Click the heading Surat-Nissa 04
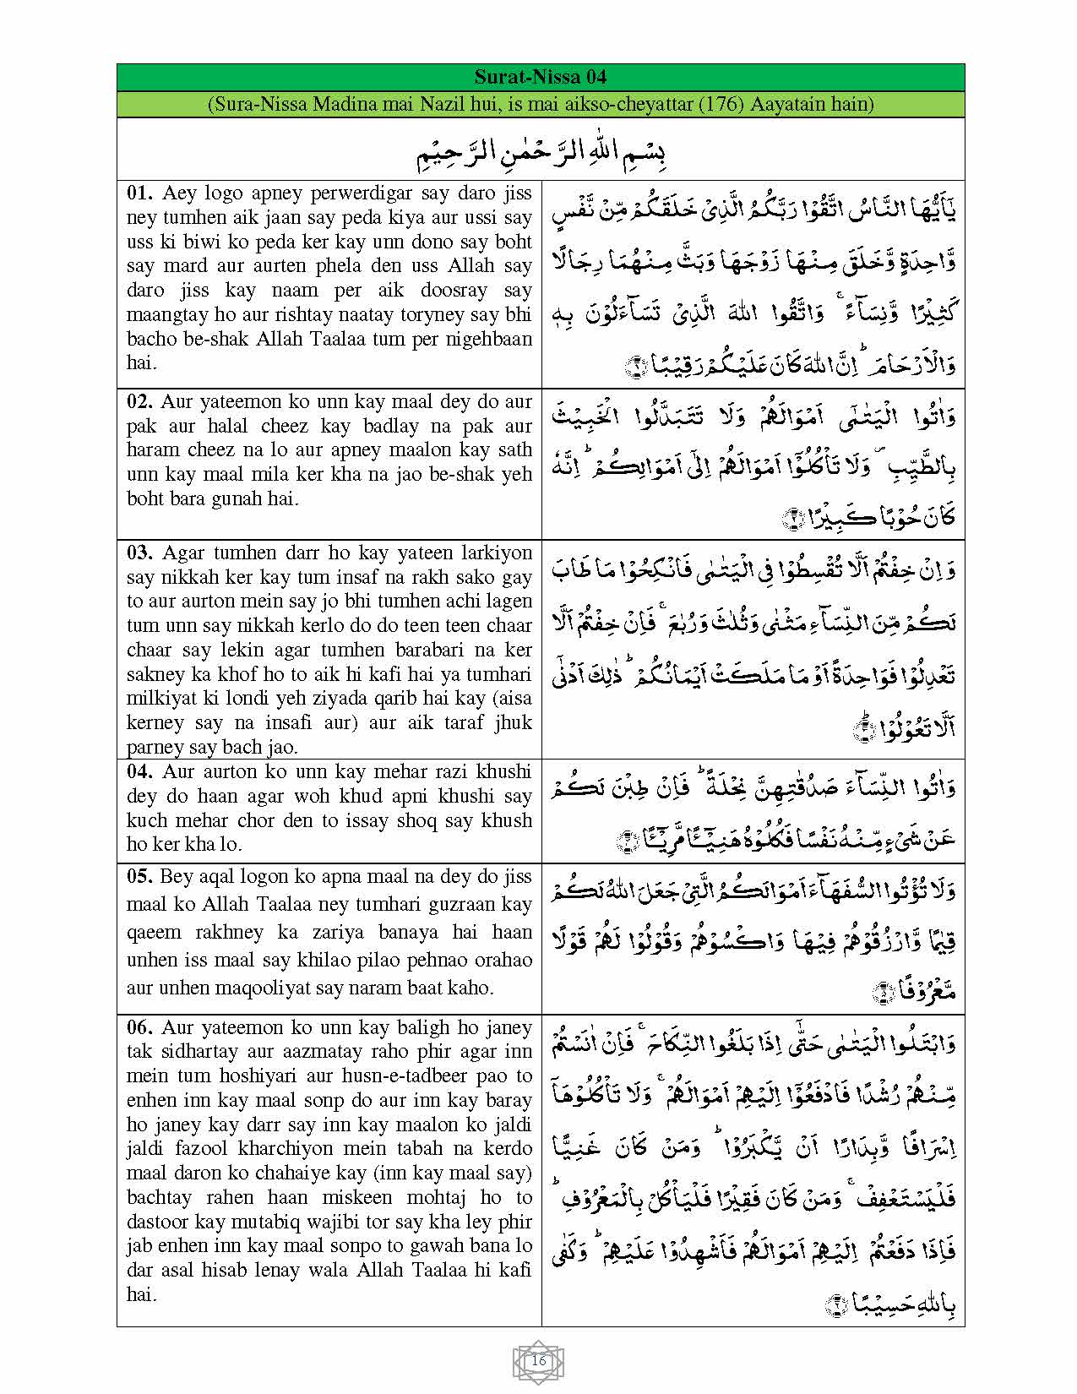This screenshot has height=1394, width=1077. click(540, 77)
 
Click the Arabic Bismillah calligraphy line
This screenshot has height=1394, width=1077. click(541, 153)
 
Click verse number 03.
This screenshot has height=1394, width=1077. click(140, 553)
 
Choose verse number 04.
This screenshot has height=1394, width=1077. click(140, 771)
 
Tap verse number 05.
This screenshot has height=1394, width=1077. click(140, 876)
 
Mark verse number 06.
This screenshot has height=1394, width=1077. click(140, 1027)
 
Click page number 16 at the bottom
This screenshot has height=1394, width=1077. click(538, 1361)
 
